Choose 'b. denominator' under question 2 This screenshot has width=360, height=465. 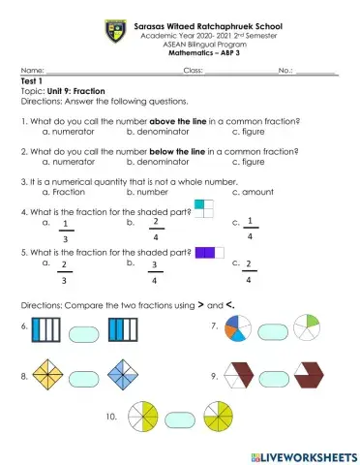(x=160, y=162)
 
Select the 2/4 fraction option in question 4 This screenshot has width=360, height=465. (x=155, y=230)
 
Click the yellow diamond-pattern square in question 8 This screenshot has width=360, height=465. (x=46, y=374)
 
